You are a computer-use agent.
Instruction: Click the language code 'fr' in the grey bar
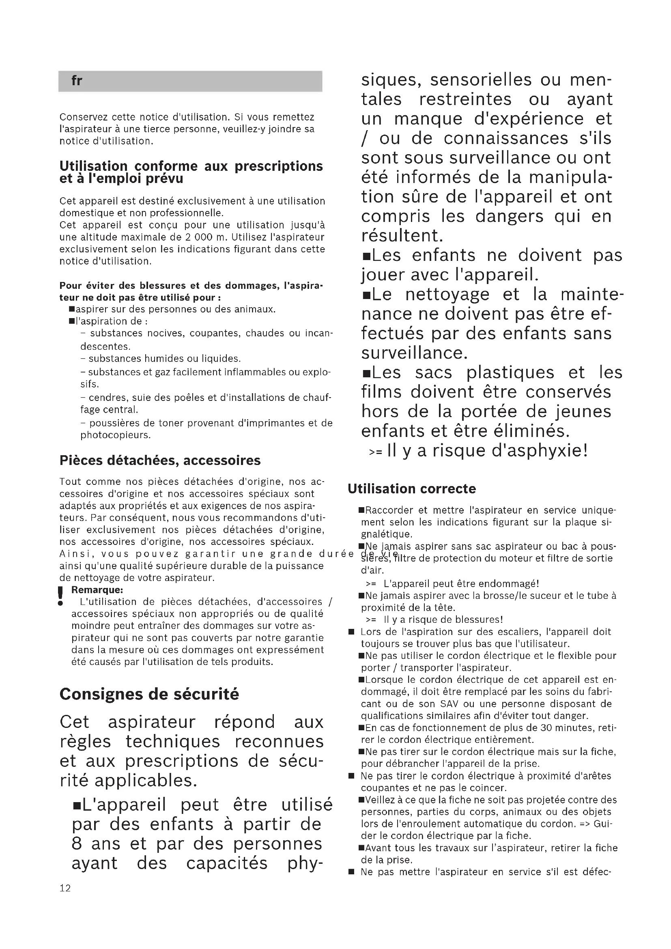point(76,81)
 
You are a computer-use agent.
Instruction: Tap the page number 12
point(65,888)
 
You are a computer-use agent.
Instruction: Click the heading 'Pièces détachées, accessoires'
point(160,461)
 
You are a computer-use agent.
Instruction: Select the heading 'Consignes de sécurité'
point(149,694)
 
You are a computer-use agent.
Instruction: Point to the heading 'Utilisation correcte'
point(411,489)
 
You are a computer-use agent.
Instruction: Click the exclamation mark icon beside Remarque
point(61,596)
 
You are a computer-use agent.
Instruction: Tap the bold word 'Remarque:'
point(97,590)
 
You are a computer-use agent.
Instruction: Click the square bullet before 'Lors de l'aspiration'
point(351,632)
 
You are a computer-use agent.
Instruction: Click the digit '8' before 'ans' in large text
point(77,844)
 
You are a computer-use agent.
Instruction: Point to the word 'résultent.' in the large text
point(402,236)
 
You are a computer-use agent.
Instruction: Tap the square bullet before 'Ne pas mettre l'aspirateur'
point(351,872)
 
